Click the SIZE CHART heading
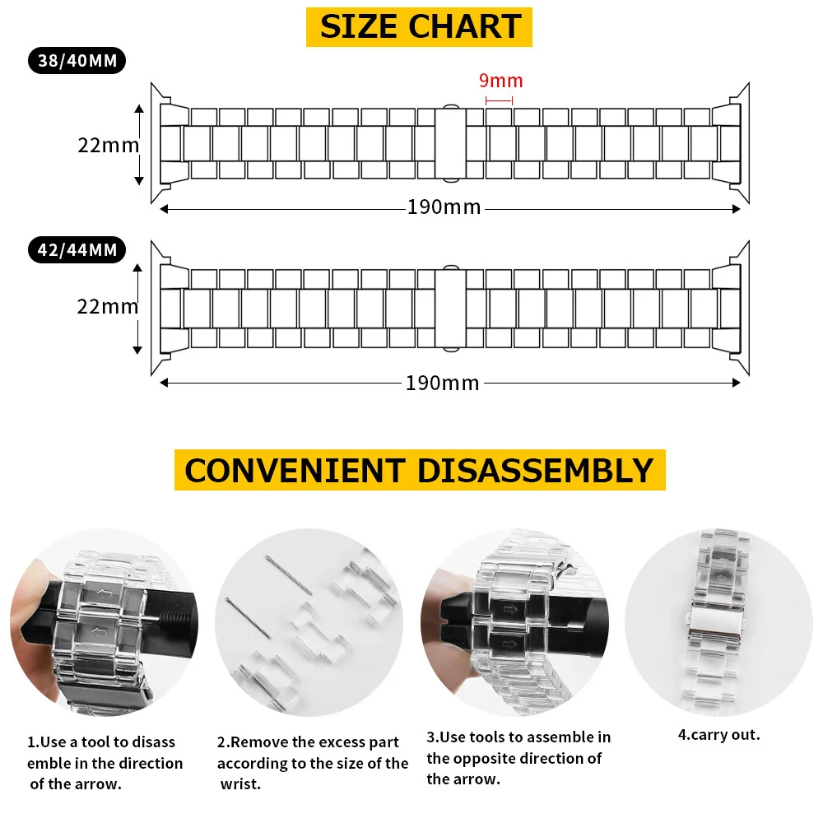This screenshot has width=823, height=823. tap(420, 26)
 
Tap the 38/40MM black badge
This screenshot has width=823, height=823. tap(77, 61)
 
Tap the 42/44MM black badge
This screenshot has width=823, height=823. tap(77, 249)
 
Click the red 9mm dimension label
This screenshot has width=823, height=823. tap(500, 81)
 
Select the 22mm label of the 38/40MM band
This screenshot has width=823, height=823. tap(108, 145)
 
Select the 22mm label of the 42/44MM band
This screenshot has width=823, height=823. tap(108, 306)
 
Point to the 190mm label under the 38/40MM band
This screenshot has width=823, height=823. tap(444, 207)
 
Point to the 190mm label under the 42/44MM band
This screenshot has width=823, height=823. tap(442, 383)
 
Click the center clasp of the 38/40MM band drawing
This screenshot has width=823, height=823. tap(449, 143)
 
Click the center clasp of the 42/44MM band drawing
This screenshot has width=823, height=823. tap(449, 305)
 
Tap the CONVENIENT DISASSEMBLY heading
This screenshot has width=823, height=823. tap(419, 470)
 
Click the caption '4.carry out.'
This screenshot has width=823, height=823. tap(718, 734)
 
